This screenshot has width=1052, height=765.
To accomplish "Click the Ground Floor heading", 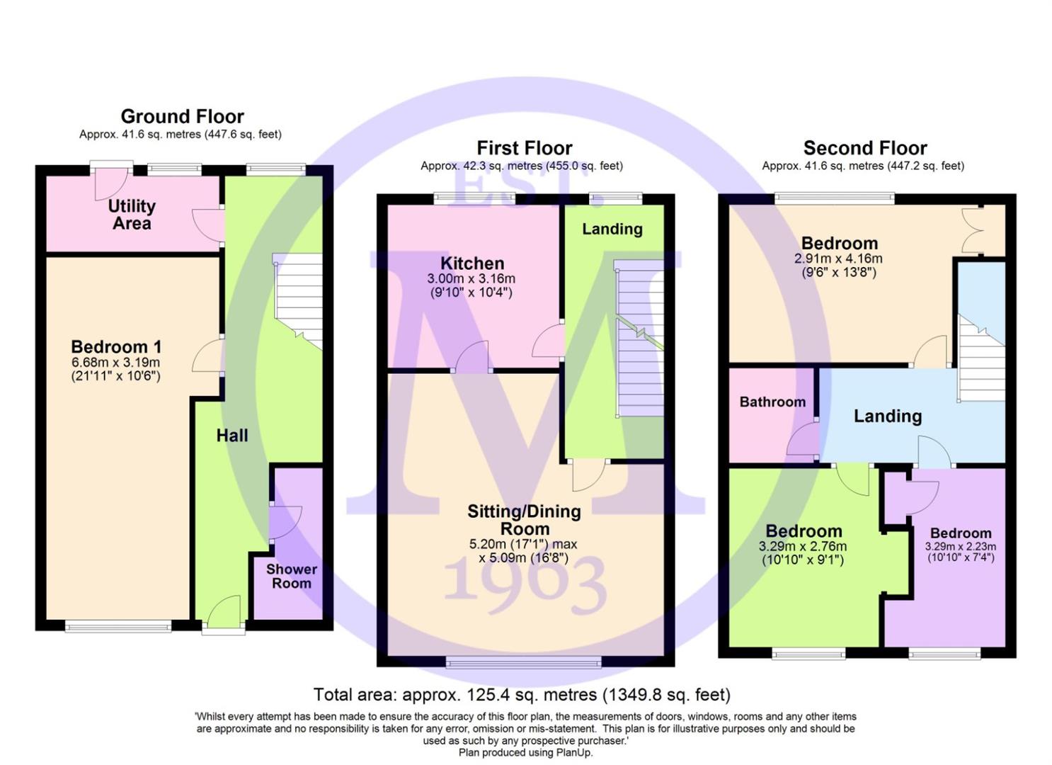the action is click(x=182, y=116).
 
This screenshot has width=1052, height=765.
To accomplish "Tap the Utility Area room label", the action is click(x=132, y=215).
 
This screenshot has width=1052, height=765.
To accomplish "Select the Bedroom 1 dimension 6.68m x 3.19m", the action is click(x=115, y=362).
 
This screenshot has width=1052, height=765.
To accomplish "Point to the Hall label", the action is click(x=232, y=436).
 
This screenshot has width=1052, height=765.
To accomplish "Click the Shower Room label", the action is click(x=292, y=576).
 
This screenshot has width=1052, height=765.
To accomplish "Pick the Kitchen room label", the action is click(x=472, y=263).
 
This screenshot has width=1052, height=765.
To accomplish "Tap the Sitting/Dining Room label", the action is click(x=524, y=520).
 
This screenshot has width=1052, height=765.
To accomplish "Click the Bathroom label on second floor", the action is click(x=772, y=402).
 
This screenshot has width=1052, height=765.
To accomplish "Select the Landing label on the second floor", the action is click(x=888, y=416).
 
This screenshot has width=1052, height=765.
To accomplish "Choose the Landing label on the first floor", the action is click(x=612, y=229).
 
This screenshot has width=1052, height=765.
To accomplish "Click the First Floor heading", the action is click(x=525, y=148).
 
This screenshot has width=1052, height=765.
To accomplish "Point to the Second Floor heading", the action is click(x=865, y=148).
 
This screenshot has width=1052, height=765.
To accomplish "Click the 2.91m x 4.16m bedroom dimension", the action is click(x=838, y=259).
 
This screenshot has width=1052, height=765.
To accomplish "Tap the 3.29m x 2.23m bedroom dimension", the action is click(x=961, y=547).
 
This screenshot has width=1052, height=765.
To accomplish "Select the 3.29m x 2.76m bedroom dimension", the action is click(x=803, y=547).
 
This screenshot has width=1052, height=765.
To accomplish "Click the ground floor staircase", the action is click(x=298, y=301).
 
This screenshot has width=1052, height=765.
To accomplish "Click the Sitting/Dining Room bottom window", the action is click(x=523, y=662).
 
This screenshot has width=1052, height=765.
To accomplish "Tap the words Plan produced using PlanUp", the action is click(x=525, y=752).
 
